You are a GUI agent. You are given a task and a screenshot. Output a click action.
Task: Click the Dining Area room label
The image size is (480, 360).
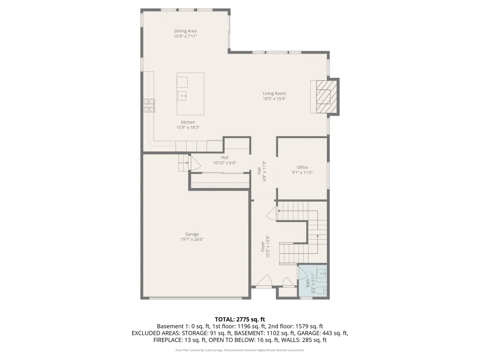[x=185, y=31]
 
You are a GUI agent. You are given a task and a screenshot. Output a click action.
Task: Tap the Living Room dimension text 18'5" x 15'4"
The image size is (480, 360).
[x=274, y=99]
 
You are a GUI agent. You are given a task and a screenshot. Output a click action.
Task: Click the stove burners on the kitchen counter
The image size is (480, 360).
[x=149, y=106]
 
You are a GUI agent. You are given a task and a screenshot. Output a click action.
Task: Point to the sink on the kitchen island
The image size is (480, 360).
[x=182, y=95]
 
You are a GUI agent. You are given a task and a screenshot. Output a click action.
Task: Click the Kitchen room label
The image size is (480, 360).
[x=188, y=122]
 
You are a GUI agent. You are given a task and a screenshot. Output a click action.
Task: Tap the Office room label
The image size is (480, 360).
[x=302, y=167]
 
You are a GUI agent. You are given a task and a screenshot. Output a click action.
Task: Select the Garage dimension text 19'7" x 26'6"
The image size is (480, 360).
[x=192, y=239]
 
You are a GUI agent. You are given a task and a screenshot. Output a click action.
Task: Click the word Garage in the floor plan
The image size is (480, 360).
[x=192, y=234]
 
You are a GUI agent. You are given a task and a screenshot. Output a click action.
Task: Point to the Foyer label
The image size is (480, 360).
[x=263, y=247]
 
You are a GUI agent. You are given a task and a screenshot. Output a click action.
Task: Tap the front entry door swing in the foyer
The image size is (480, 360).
[x=264, y=281]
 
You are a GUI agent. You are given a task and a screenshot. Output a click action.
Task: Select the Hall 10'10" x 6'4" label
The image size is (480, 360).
[x=225, y=160]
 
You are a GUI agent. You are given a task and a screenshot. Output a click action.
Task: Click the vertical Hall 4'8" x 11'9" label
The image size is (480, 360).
[x=261, y=171]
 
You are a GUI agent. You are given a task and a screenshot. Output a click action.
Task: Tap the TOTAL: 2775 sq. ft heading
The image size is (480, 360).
[x=240, y=319]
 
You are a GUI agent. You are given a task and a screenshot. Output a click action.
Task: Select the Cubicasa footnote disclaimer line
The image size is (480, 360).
[x=240, y=350]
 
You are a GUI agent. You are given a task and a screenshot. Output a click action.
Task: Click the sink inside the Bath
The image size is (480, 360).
[x=321, y=273]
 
